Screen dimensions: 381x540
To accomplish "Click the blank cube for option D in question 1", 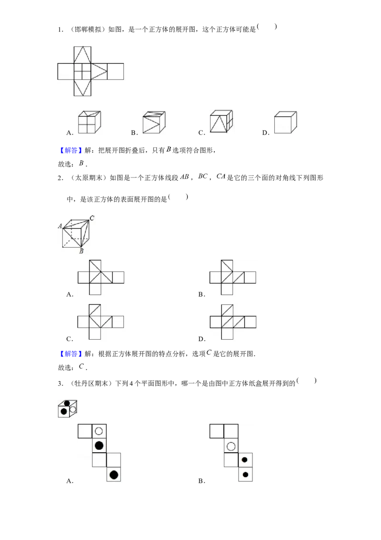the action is coord(285,122).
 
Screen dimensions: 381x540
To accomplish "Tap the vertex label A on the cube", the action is coord(60,226).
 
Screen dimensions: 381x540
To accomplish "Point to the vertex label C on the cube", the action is coord(92,218).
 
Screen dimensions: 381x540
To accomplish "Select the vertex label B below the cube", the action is coord(81,251).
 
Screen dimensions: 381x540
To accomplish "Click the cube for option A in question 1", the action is coord(90,122).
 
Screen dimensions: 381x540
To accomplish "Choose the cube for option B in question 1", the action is coord(154,122).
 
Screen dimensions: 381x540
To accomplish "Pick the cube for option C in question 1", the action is coord(221,121).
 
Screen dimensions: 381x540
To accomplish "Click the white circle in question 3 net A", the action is coord(99,431).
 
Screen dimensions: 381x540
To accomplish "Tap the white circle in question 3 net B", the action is coord(231,447).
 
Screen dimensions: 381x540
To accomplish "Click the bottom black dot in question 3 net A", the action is coord(114,475).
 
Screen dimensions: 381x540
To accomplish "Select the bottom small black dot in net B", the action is coord(245,475).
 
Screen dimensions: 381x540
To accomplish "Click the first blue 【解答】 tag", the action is coord(70,150).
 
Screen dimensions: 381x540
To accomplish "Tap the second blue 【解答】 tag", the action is coord(70,353).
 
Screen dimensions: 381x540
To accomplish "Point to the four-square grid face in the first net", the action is coord(82,71).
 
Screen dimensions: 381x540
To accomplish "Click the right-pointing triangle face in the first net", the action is coord(99,71).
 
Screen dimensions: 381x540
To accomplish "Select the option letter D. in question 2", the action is coord(202,339).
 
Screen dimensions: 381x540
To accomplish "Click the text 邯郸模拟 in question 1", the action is coord(89,30).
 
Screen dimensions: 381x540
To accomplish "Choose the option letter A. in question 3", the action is coord(70,481).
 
